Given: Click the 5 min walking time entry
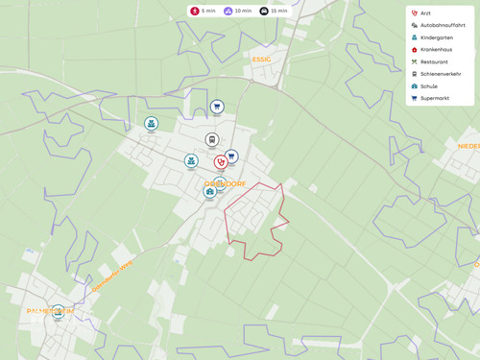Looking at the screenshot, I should [x=202, y=11].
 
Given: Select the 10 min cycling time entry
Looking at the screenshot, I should [x=235, y=11].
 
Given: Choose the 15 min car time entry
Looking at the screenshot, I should [x=273, y=11].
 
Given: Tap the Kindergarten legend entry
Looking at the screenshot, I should [x=436, y=37].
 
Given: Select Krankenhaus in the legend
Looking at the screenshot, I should [x=437, y=49].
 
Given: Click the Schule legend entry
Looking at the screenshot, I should [x=428, y=85].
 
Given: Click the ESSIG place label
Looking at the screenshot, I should [x=261, y=60].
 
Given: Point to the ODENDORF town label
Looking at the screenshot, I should [x=226, y=183].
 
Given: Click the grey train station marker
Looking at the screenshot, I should [x=212, y=139].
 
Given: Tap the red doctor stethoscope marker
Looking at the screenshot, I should [x=221, y=161].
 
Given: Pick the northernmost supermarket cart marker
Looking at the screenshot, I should [x=217, y=107].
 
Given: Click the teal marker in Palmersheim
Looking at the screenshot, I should [x=58, y=311].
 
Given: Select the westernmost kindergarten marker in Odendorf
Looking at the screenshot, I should [x=151, y=123].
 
